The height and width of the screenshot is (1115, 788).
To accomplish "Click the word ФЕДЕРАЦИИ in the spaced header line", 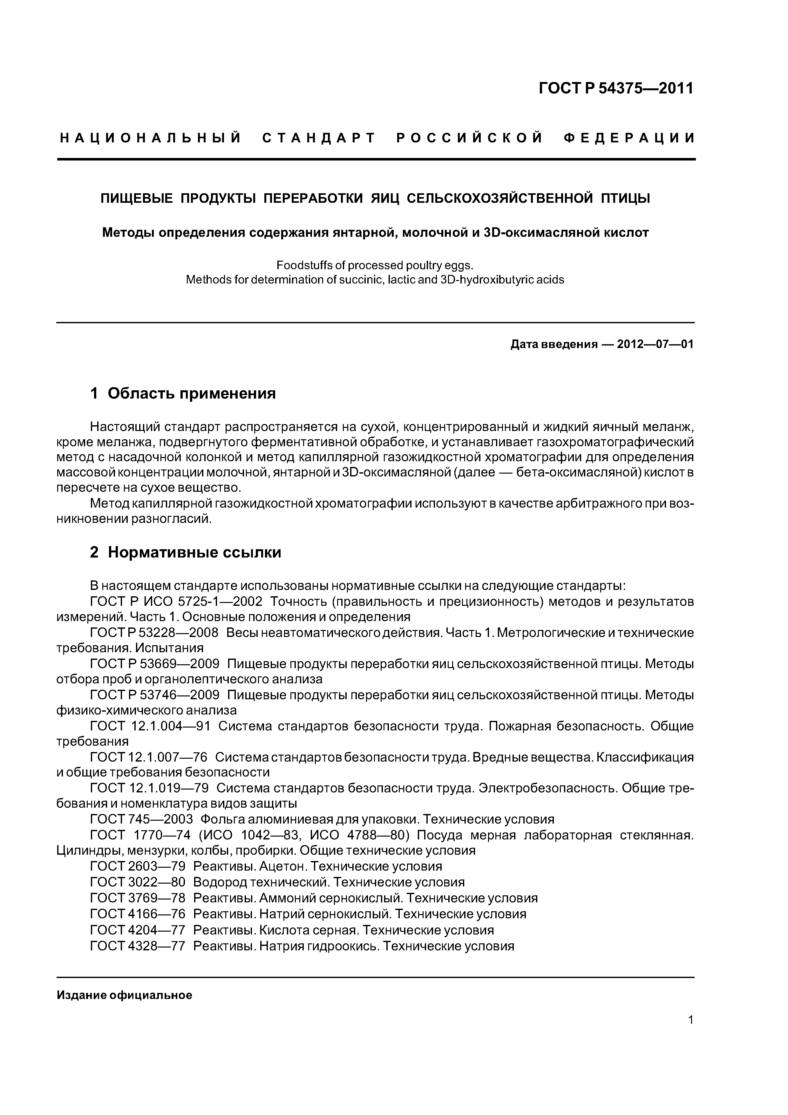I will click(x=629, y=138).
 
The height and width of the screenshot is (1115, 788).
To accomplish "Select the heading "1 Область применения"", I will click(x=183, y=393).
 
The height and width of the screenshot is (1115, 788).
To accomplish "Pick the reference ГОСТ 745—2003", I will click(x=141, y=819).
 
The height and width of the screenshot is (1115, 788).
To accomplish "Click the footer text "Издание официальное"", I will click(x=124, y=995).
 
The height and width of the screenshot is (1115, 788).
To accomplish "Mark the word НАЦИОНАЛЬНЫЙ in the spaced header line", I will click(x=151, y=138).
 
